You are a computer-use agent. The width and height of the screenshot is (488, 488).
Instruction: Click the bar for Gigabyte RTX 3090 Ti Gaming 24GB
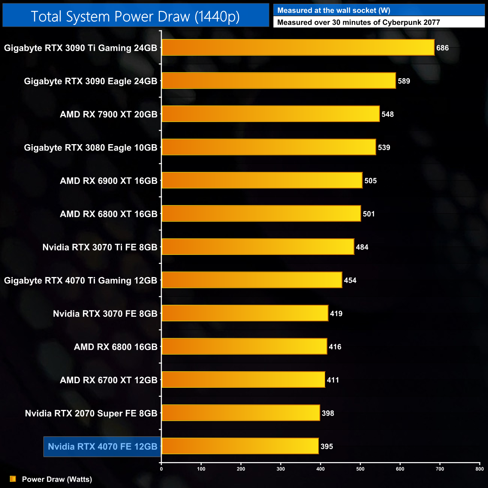coord(298,48)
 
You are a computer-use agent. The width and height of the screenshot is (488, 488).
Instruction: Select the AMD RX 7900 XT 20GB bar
coord(270,114)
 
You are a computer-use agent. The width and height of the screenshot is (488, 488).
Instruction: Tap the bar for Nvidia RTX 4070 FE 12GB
coord(240,446)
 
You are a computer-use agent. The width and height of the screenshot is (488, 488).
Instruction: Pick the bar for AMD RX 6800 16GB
coord(244,346)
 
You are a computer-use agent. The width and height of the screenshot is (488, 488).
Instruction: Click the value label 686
coord(443,48)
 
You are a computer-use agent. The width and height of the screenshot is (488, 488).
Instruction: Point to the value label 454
coord(350,280)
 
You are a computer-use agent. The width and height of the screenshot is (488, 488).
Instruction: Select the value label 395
coord(327,447)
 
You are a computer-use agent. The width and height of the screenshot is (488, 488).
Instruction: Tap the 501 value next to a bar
coord(369,214)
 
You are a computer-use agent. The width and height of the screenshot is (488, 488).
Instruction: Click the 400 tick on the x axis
coord(321,469)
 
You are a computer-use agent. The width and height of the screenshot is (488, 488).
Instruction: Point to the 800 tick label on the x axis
coord(479,469)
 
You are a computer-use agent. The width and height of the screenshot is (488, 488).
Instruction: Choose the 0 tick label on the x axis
coord(161,469)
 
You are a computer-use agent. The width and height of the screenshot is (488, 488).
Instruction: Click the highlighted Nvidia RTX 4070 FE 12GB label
coord(102,447)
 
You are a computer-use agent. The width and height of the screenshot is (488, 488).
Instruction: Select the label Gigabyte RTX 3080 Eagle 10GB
coord(90,148)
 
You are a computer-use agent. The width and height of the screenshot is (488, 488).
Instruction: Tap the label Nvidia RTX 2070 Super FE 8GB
coord(91,413)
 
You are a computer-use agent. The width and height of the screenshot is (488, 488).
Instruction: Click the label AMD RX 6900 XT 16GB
coord(108,181)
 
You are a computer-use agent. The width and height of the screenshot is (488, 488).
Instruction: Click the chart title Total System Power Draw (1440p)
coord(135,17)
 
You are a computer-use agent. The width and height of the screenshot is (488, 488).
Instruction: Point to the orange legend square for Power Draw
coord(13,479)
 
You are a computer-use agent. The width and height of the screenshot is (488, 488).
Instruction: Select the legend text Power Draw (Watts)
coord(57,479)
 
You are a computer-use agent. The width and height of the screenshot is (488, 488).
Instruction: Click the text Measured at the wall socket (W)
coord(334,11)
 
